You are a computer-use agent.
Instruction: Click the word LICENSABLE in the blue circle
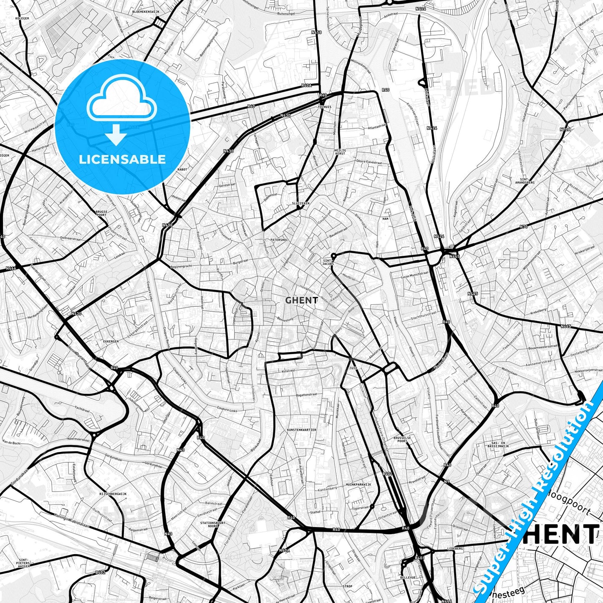click(x=122, y=159)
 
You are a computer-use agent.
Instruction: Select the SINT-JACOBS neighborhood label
click(x=328, y=262)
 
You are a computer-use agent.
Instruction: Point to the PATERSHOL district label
click(x=279, y=240)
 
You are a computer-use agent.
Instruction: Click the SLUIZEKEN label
click(x=300, y=203)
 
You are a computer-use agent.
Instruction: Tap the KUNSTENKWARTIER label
click(x=301, y=429)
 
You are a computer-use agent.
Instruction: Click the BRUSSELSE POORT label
click(x=402, y=439)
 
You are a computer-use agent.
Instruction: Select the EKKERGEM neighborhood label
click(x=111, y=341)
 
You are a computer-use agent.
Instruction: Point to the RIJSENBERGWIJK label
click(x=113, y=494)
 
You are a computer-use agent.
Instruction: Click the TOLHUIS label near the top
click(x=324, y=107)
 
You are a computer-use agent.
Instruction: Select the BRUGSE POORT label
click(x=101, y=213)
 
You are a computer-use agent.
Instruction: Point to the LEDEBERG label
click(x=455, y=548)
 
